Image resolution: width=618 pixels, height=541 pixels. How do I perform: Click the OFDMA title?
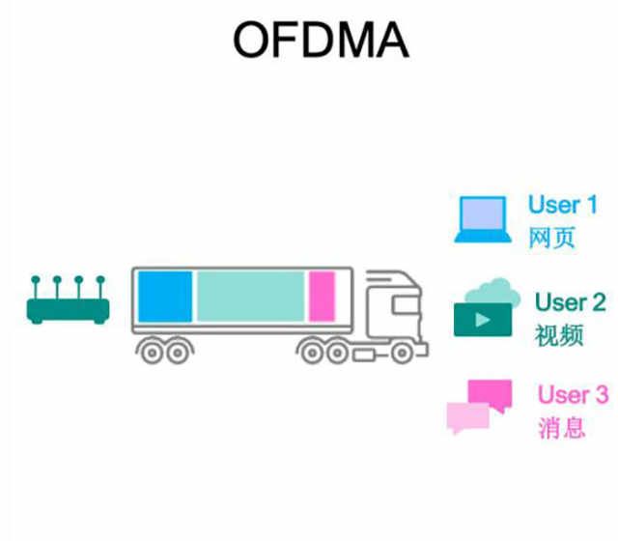click(x=322, y=41)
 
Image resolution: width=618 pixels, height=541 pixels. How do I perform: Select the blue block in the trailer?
click(x=164, y=296)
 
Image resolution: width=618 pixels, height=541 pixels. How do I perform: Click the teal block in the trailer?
click(x=251, y=296)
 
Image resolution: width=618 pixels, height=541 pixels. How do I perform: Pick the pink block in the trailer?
click(x=322, y=296)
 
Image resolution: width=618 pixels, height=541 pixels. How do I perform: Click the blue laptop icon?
click(x=484, y=221)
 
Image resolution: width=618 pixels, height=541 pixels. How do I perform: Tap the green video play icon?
click(x=481, y=318)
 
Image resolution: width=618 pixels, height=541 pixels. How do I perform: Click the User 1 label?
click(x=562, y=205)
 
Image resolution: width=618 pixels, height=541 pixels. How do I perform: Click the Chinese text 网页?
click(x=551, y=238)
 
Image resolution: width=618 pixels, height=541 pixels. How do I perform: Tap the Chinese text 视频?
click(x=557, y=335)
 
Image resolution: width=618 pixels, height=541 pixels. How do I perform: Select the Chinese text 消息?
click(x=561, y=427)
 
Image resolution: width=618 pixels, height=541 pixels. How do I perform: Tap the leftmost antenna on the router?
click(x=37, y=286)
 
